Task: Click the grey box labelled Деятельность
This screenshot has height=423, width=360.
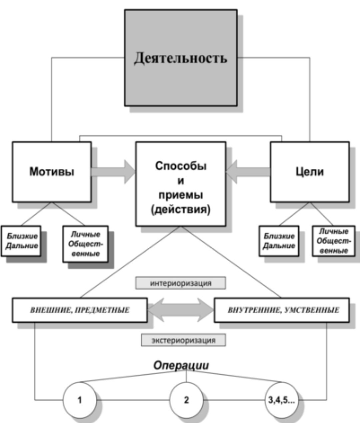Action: point(181,58)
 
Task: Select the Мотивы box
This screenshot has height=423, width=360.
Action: point(52,172)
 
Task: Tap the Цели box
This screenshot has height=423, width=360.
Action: point(310,172)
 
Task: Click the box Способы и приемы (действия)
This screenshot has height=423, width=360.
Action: point(181,184)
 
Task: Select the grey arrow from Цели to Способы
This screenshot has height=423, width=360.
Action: point(248,171)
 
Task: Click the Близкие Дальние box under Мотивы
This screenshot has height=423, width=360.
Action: point(21,241)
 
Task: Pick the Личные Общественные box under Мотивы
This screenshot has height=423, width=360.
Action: point(86,244)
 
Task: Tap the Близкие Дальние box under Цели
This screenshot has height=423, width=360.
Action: point(279,241)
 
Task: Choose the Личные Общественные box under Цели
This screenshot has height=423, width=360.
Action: point(333,241)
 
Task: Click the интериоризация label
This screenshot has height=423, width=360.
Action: point(181,283)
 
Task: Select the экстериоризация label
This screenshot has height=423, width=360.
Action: point(183,340)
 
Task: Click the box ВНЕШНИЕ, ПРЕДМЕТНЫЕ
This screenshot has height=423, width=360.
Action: point(80,310)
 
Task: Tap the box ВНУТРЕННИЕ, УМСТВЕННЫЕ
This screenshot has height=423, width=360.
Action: point(282,310)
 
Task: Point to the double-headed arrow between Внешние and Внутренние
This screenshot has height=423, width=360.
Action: point(181,310)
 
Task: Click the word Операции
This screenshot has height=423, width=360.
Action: point(181,365)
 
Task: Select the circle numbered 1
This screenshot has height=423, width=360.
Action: point(79,400)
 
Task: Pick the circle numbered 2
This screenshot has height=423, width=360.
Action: point(186,400)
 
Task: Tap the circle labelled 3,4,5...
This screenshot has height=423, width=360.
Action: point(282,400)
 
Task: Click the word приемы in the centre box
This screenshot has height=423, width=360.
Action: point(181,195)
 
